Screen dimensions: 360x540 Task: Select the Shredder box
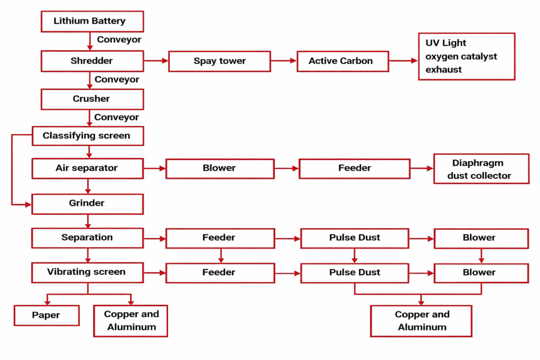(x=92, y=61)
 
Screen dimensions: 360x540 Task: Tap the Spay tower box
(x=219, y=61)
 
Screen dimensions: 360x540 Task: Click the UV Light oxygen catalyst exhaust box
(x=466, y=56)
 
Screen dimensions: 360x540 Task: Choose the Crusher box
(x=92, y=99)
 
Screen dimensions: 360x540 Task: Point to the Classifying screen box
(x=88, y=136)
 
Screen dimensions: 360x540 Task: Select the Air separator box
(x=88, y=169)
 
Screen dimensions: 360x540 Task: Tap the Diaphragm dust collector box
(x=481, y=169)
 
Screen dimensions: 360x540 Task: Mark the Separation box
(x=88, y=238)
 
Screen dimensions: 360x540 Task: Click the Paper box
(x=46, y=316)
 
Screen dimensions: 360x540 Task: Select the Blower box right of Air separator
(x=220, y=169)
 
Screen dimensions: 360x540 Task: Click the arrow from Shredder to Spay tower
(x=156, y=61)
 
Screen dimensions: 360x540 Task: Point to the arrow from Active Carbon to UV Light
(x=403, y=61)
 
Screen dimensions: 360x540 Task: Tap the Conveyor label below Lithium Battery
(x=119, y=40)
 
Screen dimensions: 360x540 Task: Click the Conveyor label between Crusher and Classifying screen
(x=117, y=118)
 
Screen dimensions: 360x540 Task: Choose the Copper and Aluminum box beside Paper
(x=131, y=320)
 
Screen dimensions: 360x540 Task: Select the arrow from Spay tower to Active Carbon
(x=284, y=61)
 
